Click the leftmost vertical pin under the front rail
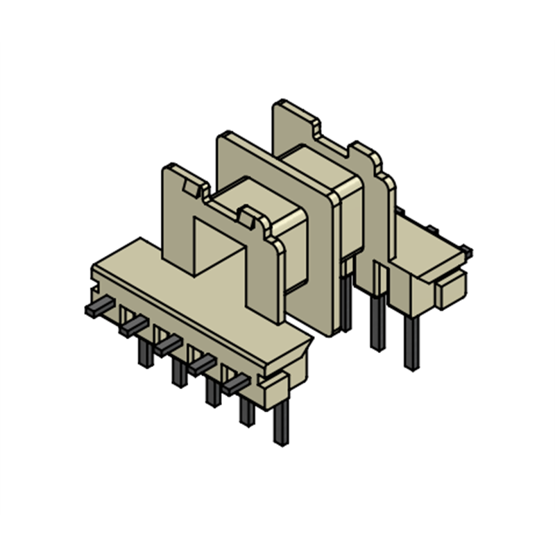pos(145,354)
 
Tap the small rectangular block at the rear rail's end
pos(450,287)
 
